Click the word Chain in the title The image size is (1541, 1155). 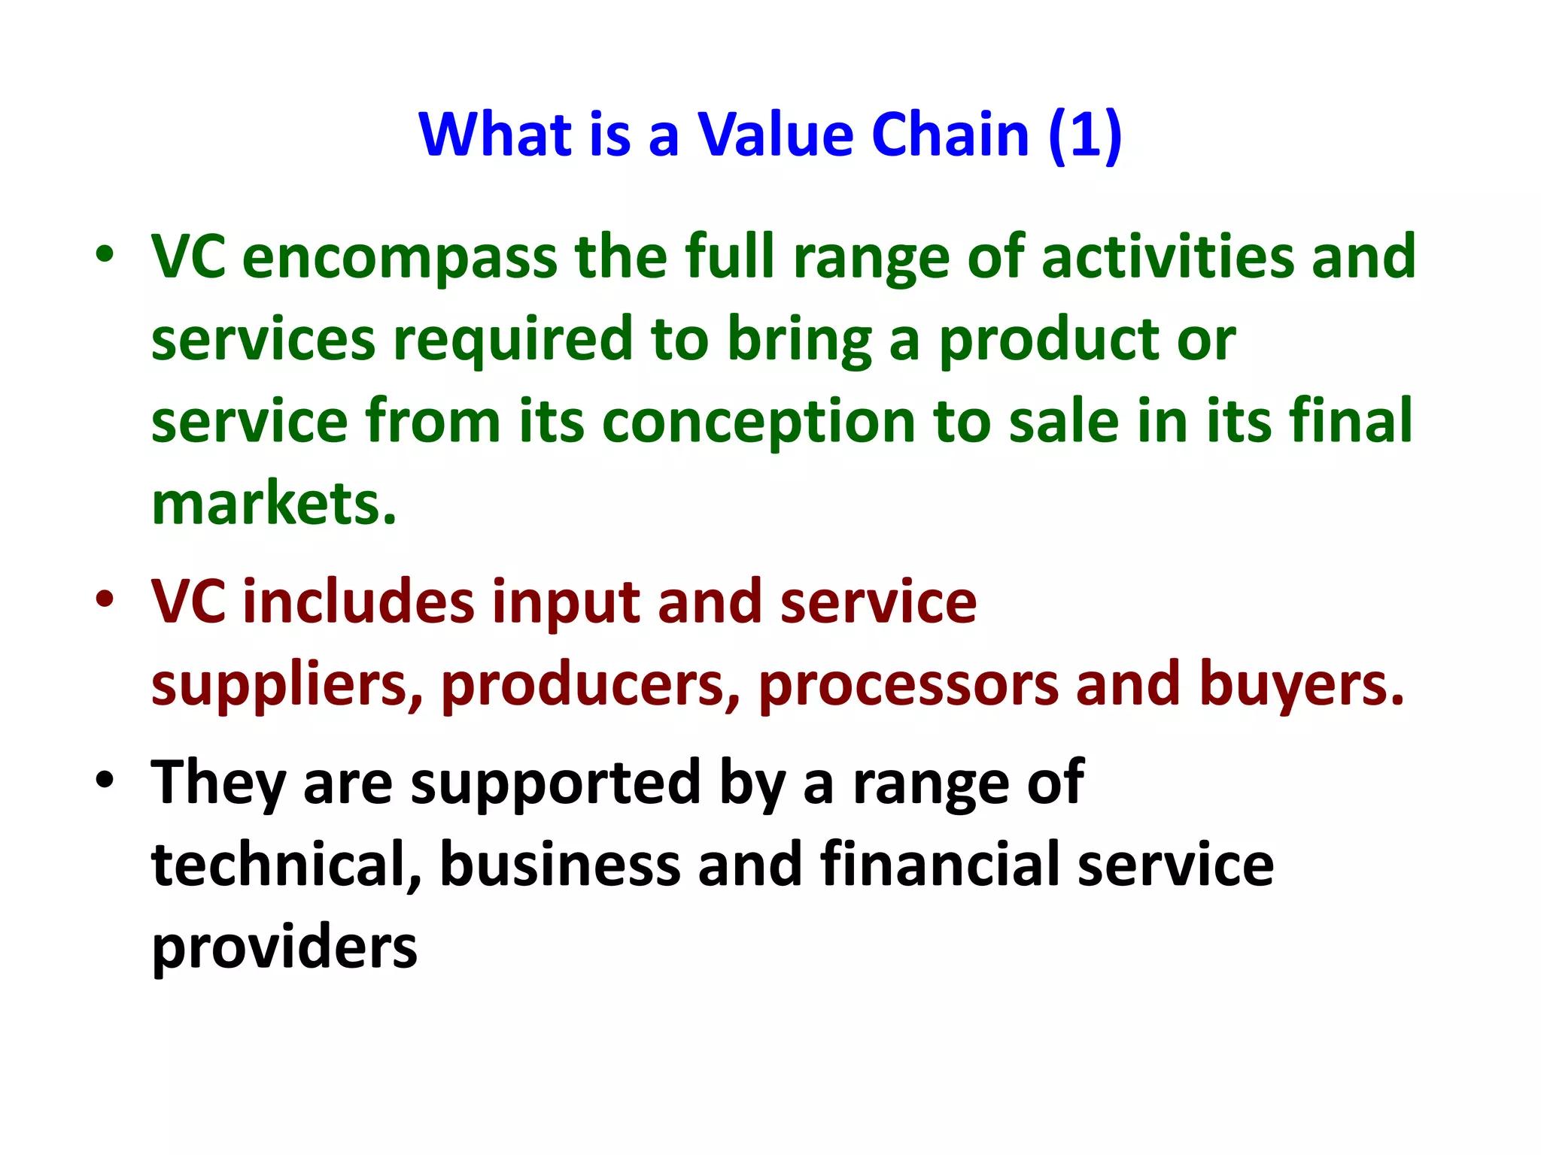tap(950, 135)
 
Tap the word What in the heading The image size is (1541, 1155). tap(494, 135)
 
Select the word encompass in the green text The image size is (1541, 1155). tap(400, 258)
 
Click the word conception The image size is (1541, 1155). tap(758, 423)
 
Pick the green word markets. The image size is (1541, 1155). tap(273, 504)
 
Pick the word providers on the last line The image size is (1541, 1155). tap(284, 947)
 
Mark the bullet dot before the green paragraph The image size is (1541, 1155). tap(105, 255)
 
